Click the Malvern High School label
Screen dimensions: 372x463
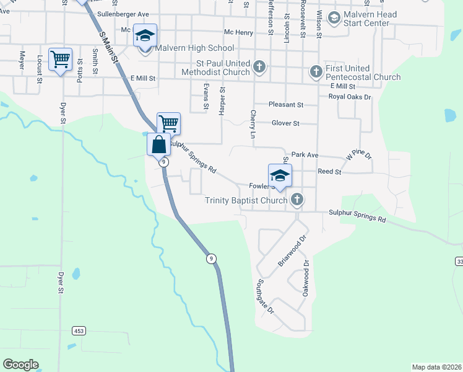click(194, 48)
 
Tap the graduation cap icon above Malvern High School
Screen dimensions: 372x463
click(145, 36)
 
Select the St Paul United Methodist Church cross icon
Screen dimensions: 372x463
click(260, 66)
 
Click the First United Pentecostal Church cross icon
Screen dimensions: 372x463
click(316, 71)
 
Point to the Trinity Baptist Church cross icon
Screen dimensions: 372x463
click(297, 200)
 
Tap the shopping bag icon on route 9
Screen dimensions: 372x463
click(158, 145)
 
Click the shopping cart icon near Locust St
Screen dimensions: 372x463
click(60, 60)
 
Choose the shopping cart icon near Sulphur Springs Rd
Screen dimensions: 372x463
click(168, 123)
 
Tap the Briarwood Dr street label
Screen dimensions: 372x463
click(292, 250)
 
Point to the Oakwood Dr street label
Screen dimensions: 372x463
click(306, 278)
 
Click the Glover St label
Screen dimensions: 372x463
click(285, 123)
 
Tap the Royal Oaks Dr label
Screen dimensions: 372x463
click(349, 97)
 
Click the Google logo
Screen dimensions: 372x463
click(20, 365)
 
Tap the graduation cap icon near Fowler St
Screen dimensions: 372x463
click(280, 175)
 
